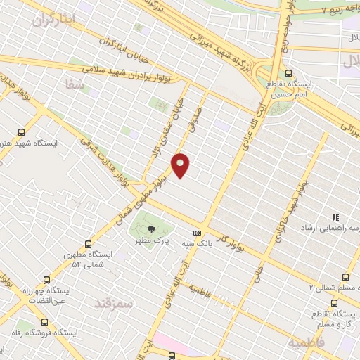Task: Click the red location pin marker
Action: (181, 165)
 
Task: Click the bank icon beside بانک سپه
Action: (197, 233)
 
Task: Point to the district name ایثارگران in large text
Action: (53, 20)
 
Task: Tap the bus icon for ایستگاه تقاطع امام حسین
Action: (289, 72)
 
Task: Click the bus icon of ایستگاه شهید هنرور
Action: (21, 131)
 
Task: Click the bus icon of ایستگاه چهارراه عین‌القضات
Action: (46, 279)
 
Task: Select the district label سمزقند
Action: (113, 303)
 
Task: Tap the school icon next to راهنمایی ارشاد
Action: (336, 218)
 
